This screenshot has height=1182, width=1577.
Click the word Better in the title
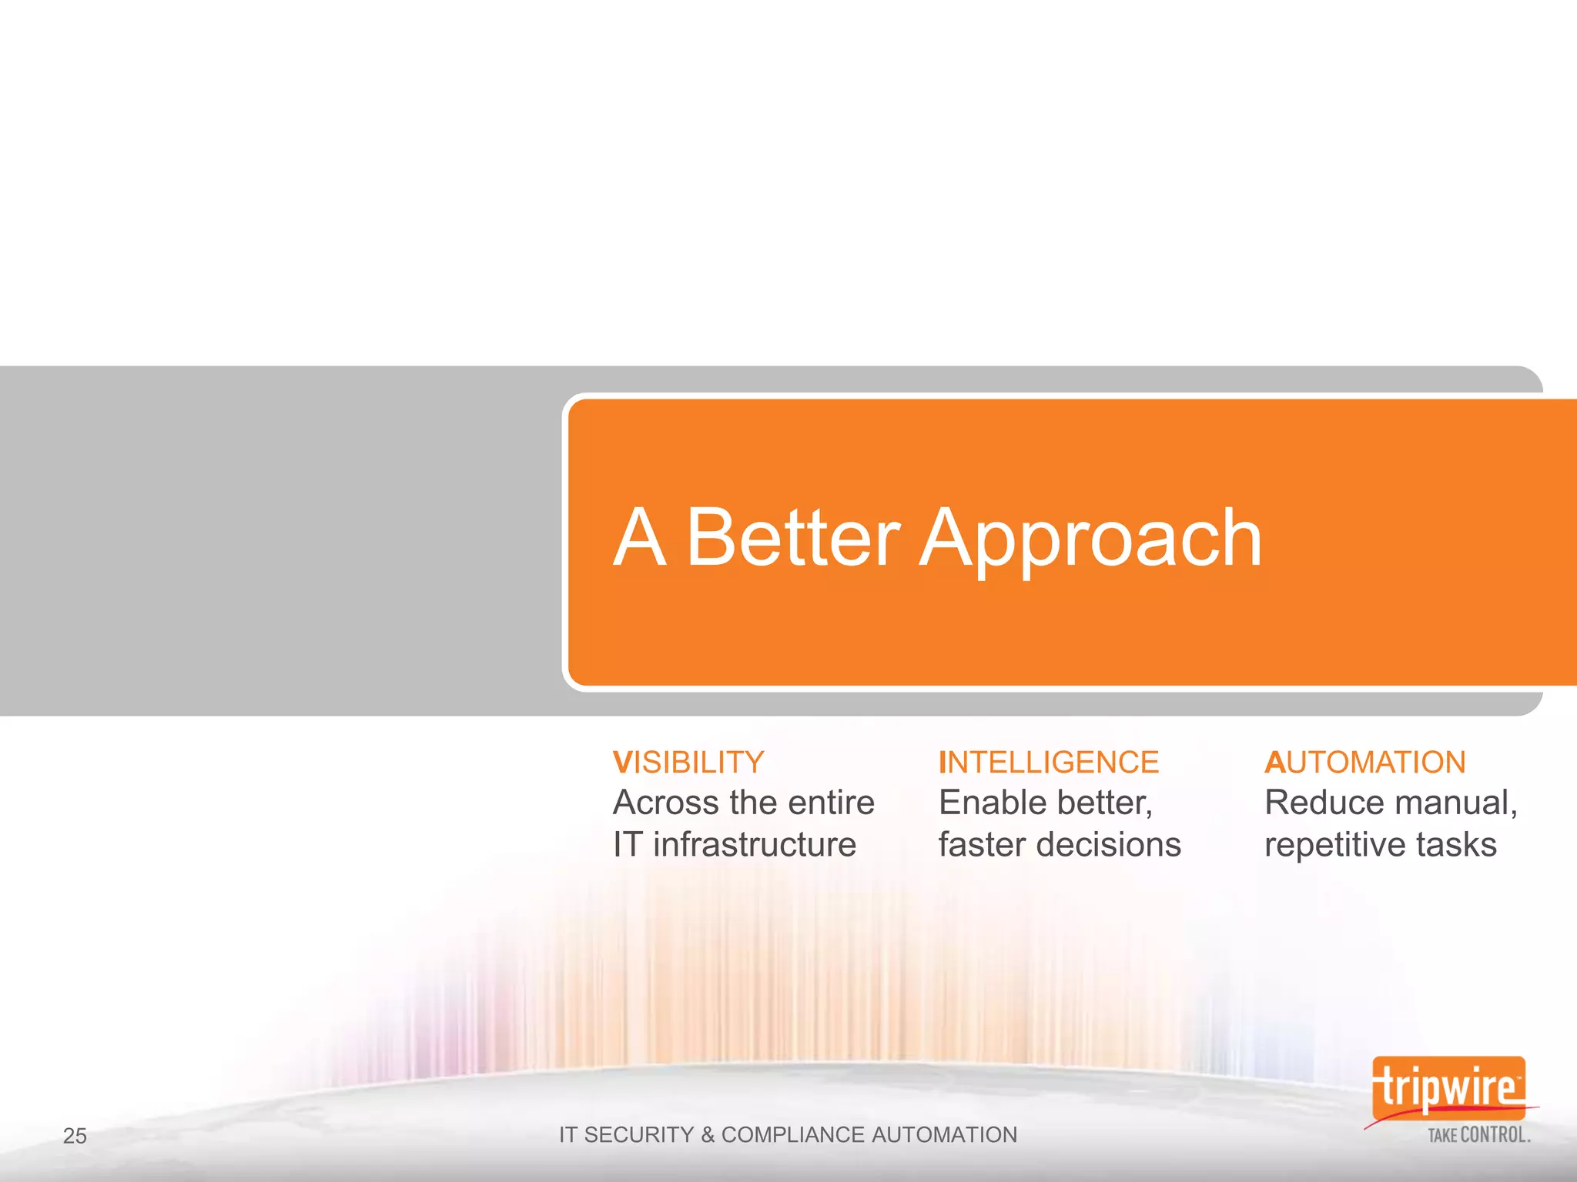[792, 538]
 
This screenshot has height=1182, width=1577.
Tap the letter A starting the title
[639, 538]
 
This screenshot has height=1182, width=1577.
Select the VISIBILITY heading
[688, 763]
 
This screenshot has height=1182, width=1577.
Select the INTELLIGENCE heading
[1049, 763]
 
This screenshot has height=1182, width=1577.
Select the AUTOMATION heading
[1364, 763]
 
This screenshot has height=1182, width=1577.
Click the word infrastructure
[755, 845]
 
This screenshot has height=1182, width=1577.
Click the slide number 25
[75, 1136]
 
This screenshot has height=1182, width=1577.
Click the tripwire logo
[1448, 1088]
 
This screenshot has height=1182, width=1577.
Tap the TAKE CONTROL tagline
[1478, 1135]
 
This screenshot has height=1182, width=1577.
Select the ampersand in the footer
[708, 1135]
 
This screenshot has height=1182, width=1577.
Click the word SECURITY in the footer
[639, 1135]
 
